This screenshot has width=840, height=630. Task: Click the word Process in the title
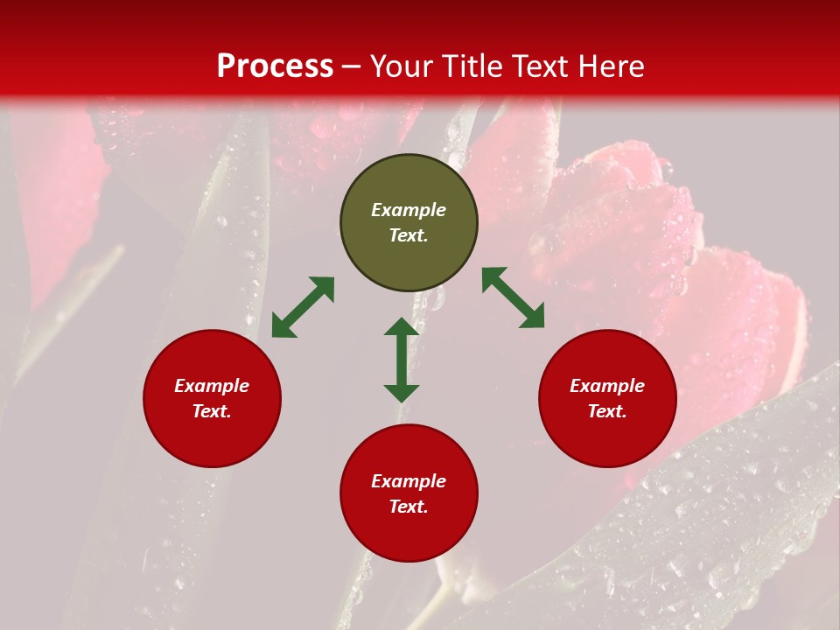click(275, 66)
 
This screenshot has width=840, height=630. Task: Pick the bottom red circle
click(409, 534)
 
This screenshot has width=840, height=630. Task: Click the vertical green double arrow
click(402, 360)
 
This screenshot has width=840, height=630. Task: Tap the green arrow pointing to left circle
click(303, 307)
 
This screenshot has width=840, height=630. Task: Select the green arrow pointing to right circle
click(513, 297)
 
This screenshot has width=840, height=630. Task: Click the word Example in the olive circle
click(409, 210)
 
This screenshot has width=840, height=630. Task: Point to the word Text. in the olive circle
click(409, 235)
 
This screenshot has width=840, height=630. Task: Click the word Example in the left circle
click(212, 386)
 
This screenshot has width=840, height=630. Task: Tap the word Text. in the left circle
click(212, 411)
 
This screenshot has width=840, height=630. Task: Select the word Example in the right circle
click(607, 386)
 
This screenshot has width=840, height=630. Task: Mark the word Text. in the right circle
click(607, 411)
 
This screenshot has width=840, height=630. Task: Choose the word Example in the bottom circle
click(409, 481)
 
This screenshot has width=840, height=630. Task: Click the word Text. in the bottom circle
click(409, 507)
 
